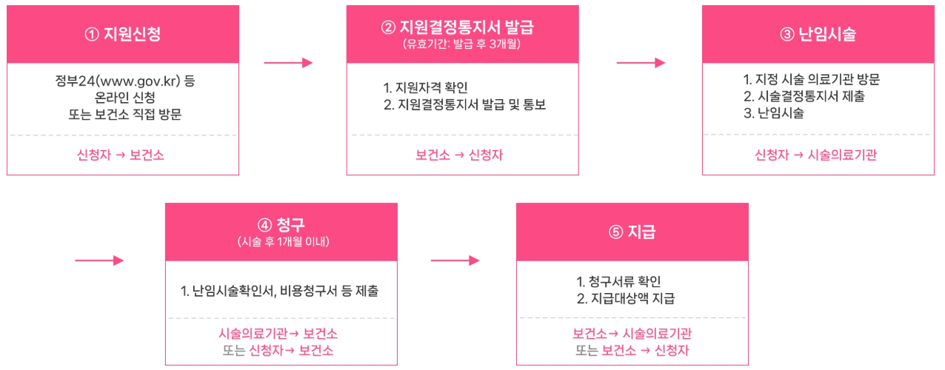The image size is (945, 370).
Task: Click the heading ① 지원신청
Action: click(x=123, y=34)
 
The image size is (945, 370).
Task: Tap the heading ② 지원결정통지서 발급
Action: click(x=462, y=27)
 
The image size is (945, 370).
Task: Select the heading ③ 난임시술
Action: click(x=818, y=34)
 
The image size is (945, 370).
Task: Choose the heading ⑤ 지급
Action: click(x=632, y=232)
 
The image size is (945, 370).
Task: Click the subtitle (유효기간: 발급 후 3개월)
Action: click(x=462, y=44)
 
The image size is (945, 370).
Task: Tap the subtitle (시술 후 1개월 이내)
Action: click(x=282, y=243)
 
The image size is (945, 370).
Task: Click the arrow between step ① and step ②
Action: click(x=289, y=63)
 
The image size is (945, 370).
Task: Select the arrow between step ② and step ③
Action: click(x=641, y=63)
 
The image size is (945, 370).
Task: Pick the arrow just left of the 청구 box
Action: click(x=99, y=260)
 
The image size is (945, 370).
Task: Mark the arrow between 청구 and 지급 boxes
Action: click(x=455, y=260)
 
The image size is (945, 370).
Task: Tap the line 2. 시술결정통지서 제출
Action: click(x=804, y=97)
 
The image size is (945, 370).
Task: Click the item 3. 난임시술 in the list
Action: click(x=774, y=113)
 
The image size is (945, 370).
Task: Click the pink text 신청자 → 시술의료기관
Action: click(x=815, y=155)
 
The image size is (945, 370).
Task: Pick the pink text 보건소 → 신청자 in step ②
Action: click(x=461, y=155)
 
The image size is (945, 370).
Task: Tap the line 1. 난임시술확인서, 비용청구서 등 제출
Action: click(x=280, y=291)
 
